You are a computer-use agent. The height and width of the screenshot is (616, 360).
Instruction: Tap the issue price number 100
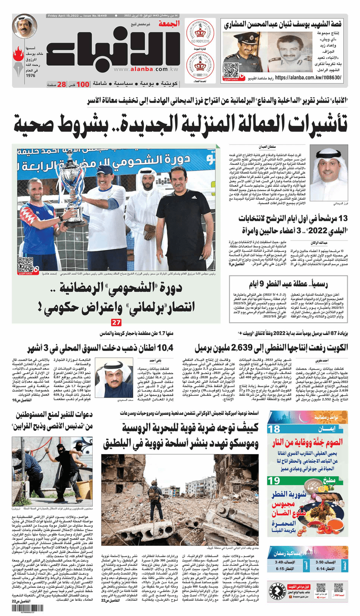click(82, 85)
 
